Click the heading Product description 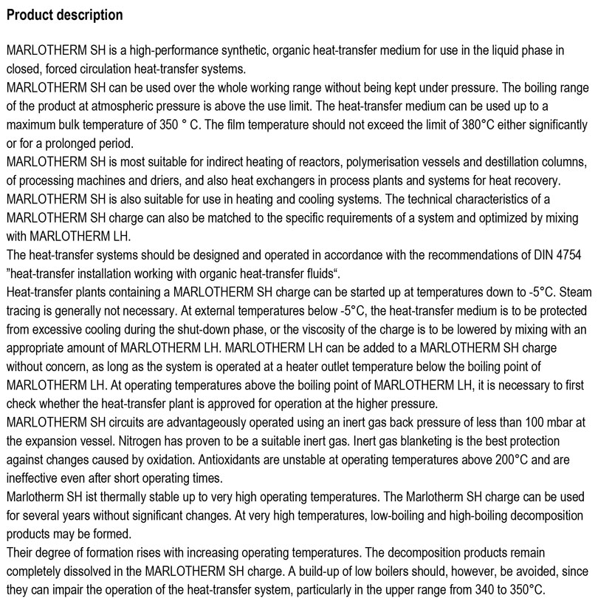pyautogui.click(x=64, y=15)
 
